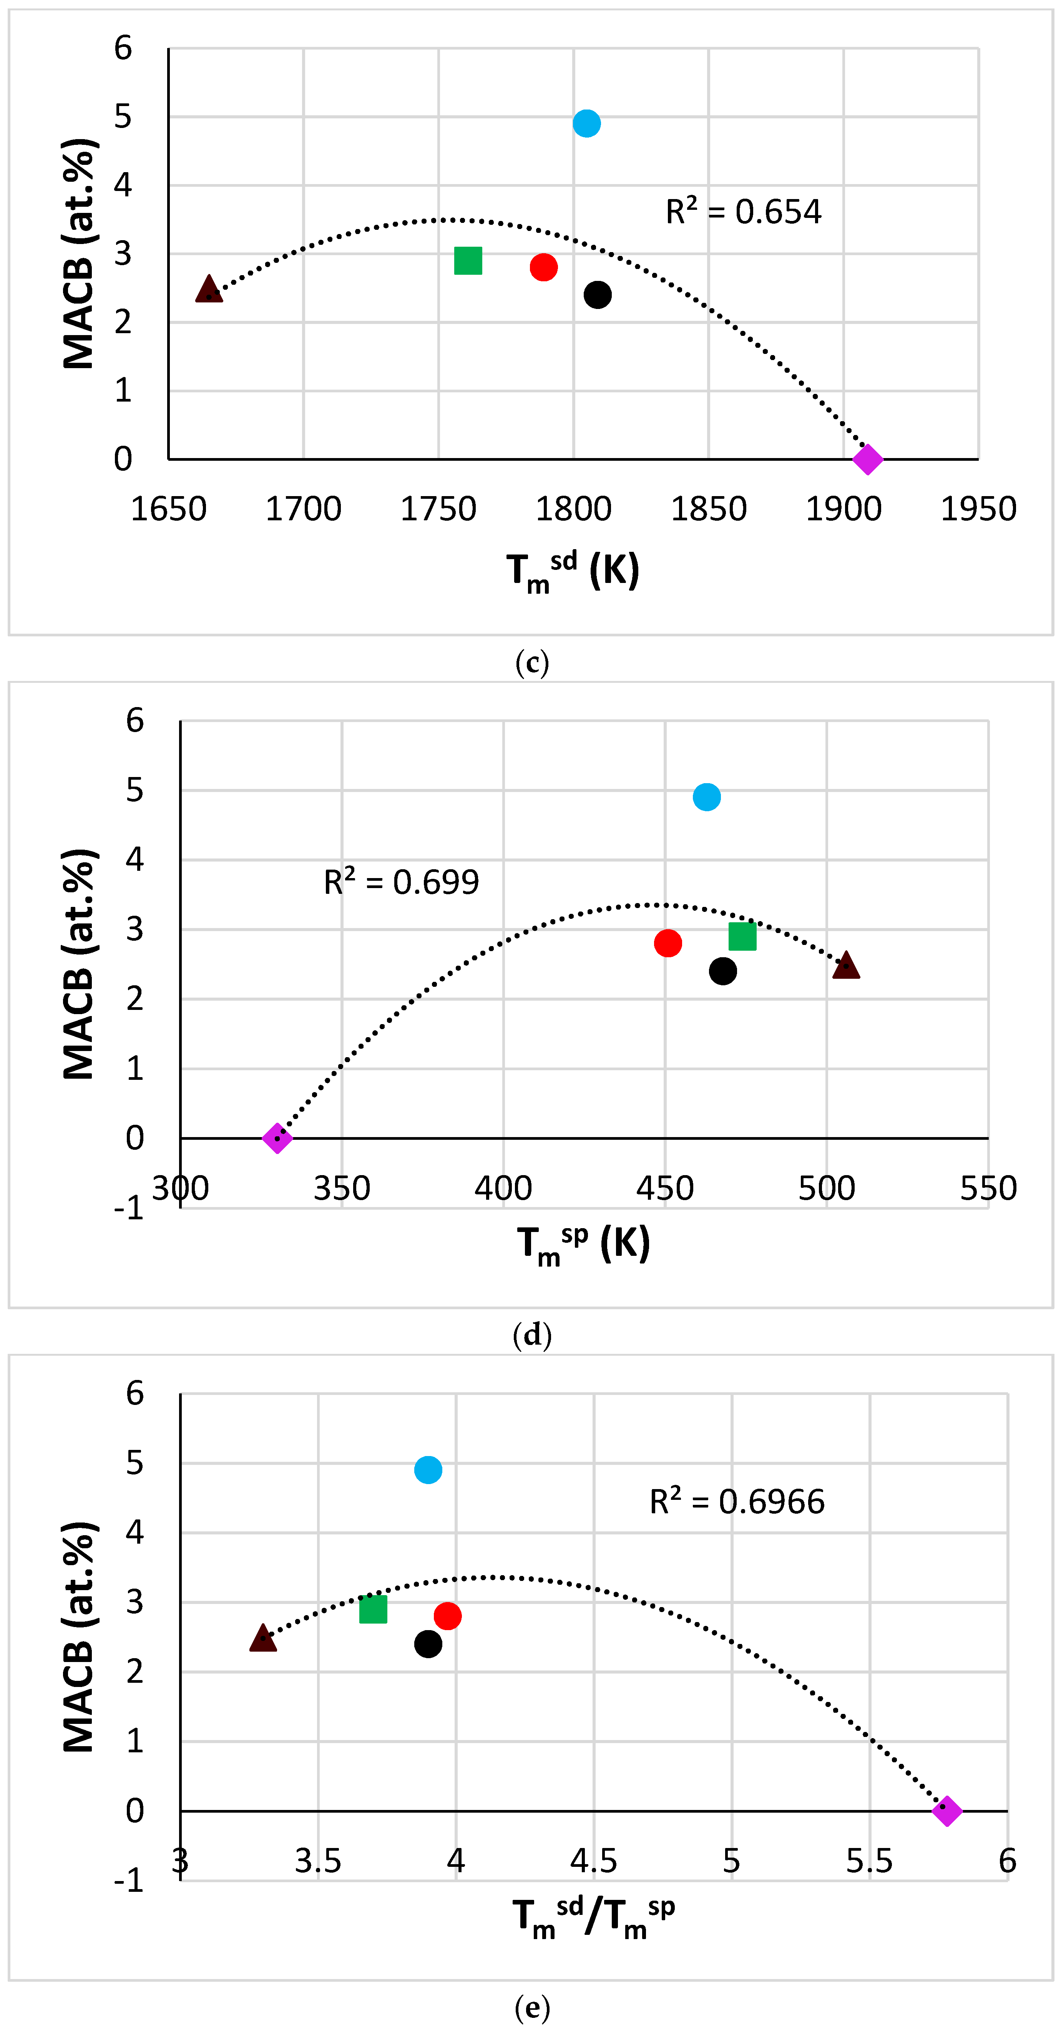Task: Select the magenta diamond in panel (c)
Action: (867, 459)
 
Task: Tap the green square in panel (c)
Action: (468, 261)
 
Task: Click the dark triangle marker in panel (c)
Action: (209, 289)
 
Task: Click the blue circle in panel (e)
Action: (428, 1470)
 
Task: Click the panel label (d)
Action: (532, 1335)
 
